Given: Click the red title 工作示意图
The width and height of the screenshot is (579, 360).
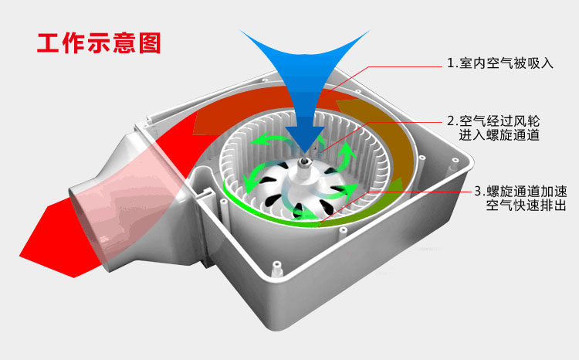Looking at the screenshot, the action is pos(99,42).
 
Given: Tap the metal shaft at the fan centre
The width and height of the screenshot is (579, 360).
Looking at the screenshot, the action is pos(306,161).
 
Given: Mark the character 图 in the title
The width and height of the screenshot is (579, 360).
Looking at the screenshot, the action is pos(148,42).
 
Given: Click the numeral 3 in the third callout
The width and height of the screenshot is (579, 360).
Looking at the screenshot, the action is pos(479,190).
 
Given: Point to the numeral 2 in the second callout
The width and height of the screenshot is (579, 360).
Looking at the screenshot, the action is pos(451,121).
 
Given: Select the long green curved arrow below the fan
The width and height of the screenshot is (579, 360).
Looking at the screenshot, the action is pos(309,219).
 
